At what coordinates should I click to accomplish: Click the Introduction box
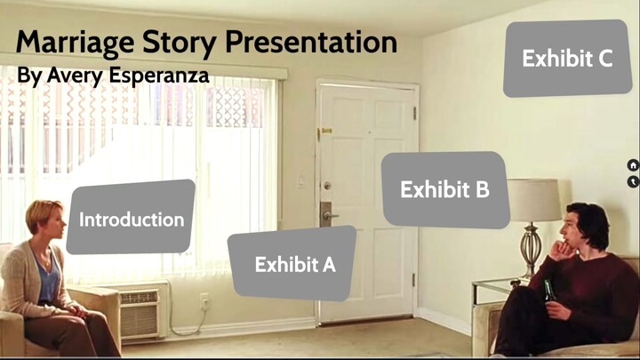pyautogui.click(x=131, y=219)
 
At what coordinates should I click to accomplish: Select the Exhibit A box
pyautogui.click(x=294, y=264)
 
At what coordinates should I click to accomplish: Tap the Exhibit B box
pyautogui.click(x=444, y=189)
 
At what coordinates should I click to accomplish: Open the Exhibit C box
pyautogui.click(x=567, y=59)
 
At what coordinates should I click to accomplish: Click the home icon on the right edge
pyautogui.click(x=633, y=165)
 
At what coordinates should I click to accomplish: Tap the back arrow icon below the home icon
pyautogui.click(x=633, y=181)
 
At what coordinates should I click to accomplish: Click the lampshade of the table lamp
pyautogui.click(x=534, y=199)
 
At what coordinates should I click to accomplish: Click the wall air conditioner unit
pyautogui.click(x=141, y=312)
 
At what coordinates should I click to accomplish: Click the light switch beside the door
pyautogui.click(x=300, y=181)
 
